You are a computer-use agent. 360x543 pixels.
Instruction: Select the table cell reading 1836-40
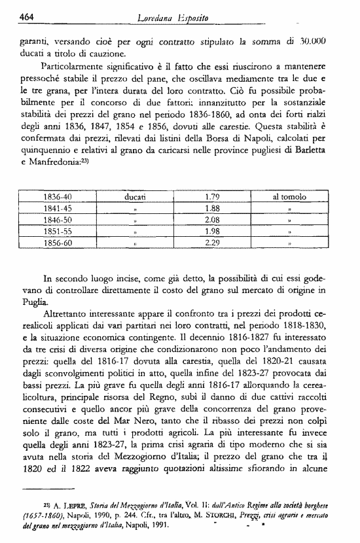tap(58, 196)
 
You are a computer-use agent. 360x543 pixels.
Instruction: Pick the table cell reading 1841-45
tap(58, 208)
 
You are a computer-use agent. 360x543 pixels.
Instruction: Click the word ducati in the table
tap(135, 196)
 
